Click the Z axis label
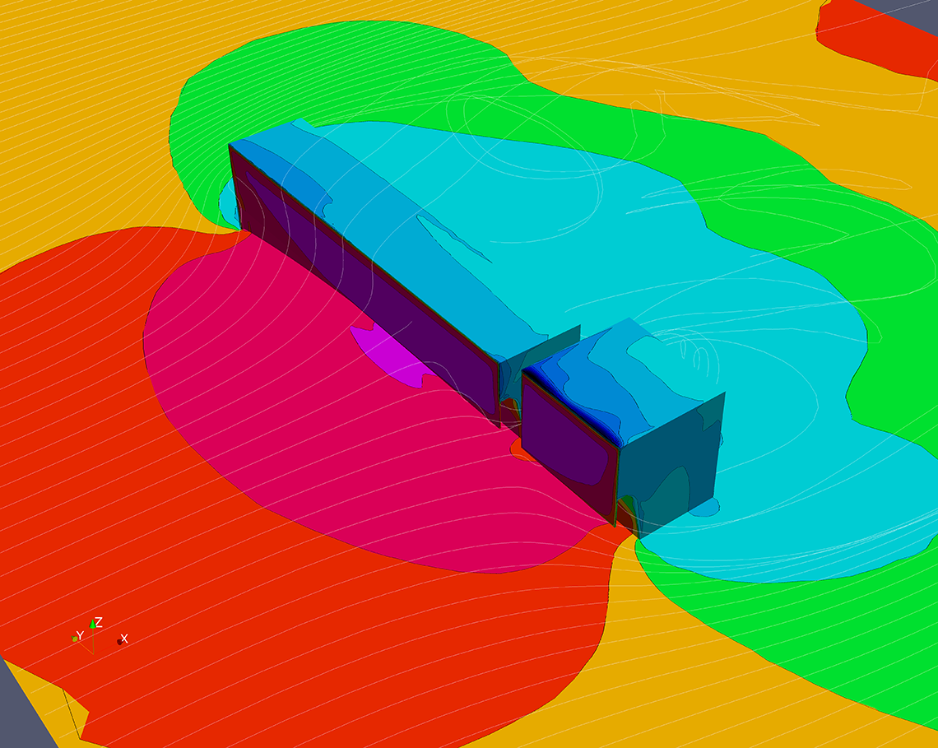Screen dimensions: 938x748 click(x=99, y=622)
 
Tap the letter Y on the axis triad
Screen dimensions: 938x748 click(x=80, y=635)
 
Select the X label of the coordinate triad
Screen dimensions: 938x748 click(x=124, y=639)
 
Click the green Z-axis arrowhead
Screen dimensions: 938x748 click(x=93, y=624)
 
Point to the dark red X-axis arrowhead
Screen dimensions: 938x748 click(x=119, y=642)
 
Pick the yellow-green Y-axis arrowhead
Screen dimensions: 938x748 click(x=75, y=639)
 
